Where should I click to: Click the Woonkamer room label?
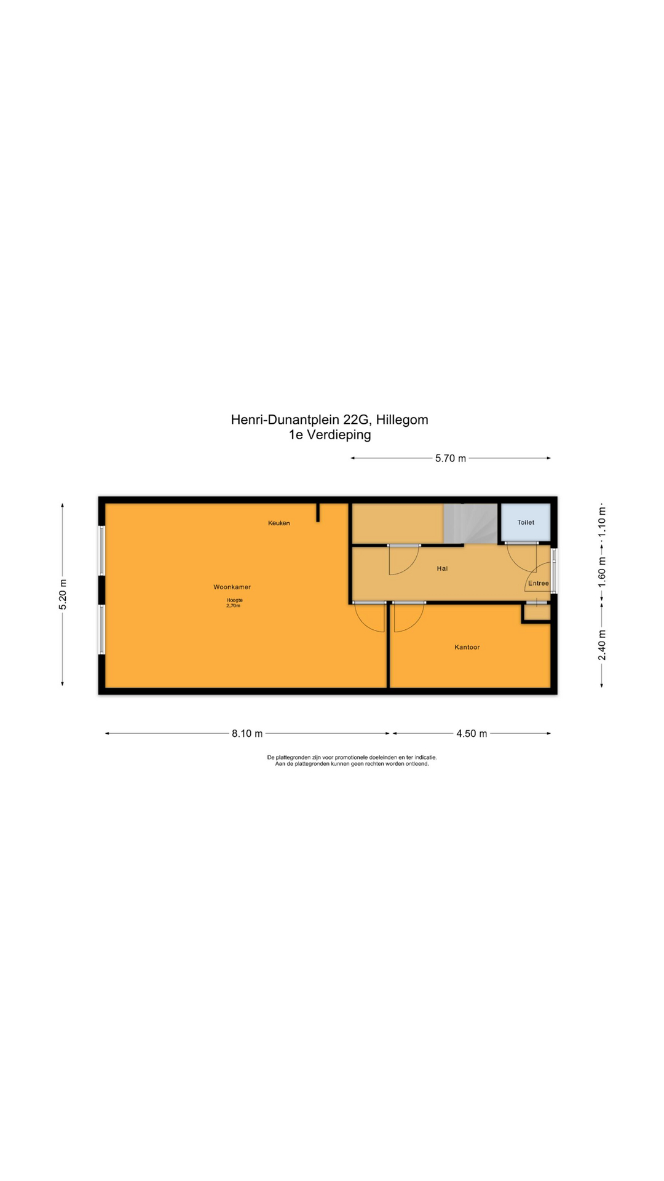232,587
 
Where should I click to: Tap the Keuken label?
279,523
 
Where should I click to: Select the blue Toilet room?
526,522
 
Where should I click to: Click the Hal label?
442,568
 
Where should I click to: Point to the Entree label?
538,583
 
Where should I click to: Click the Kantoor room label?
467,647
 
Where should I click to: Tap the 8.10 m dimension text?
247,733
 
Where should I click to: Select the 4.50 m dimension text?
472,733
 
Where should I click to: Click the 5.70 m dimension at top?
451,458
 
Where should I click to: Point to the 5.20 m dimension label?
62,595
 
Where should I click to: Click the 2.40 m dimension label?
602,645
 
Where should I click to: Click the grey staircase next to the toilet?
470,523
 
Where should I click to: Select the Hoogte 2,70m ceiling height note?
234,603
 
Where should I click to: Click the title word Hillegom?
402,420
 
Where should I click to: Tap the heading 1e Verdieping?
330,435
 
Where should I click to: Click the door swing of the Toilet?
520,556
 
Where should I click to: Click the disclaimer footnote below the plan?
352,760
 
